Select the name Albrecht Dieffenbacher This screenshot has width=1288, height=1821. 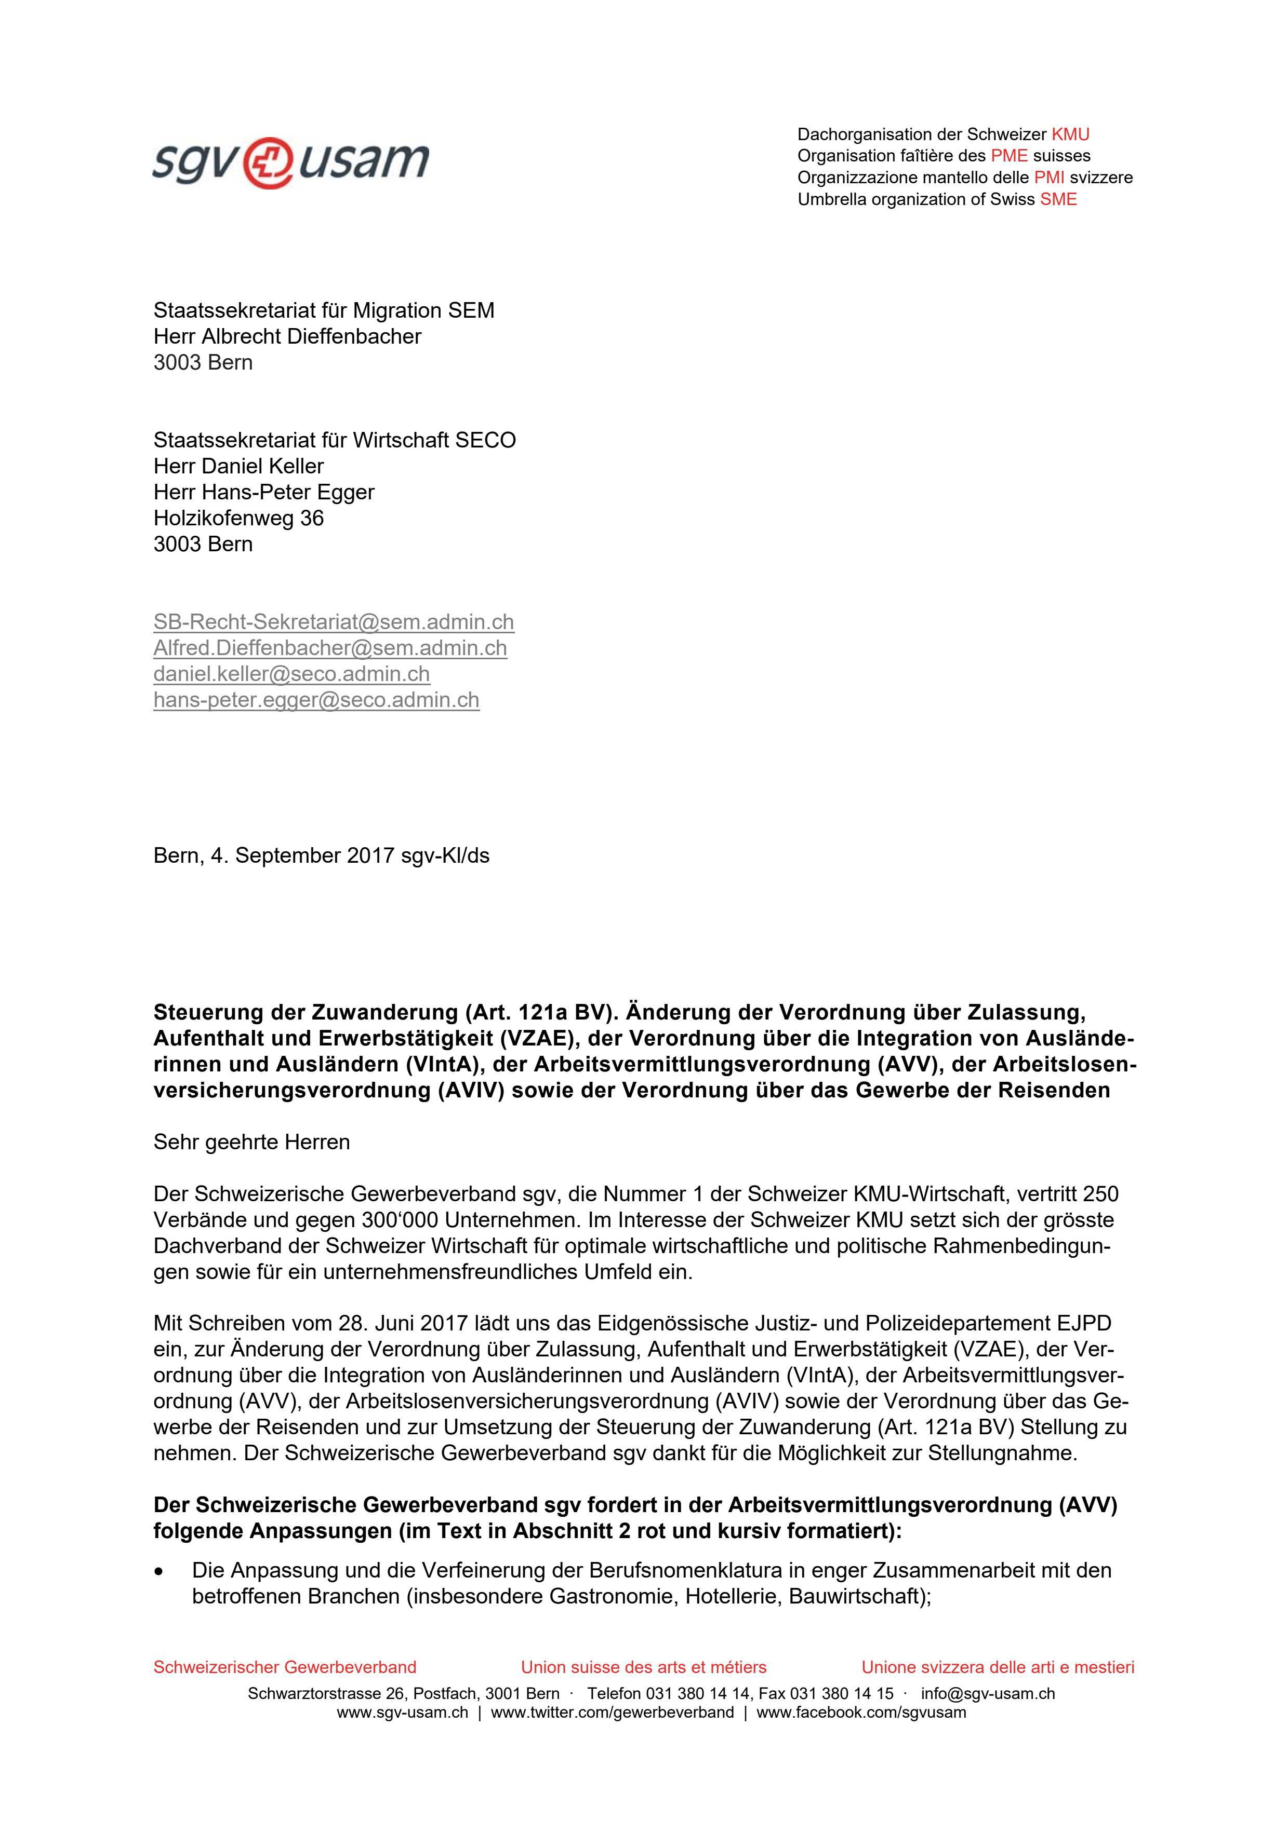311,336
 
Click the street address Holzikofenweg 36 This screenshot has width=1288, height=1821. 238,518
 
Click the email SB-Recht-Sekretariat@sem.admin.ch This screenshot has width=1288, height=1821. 334,622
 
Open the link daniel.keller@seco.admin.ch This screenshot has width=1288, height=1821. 291,674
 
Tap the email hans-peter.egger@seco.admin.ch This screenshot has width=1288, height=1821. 316,700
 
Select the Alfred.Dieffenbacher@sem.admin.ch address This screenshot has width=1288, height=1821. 330,648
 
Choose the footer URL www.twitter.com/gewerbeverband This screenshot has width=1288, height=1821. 612,1713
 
